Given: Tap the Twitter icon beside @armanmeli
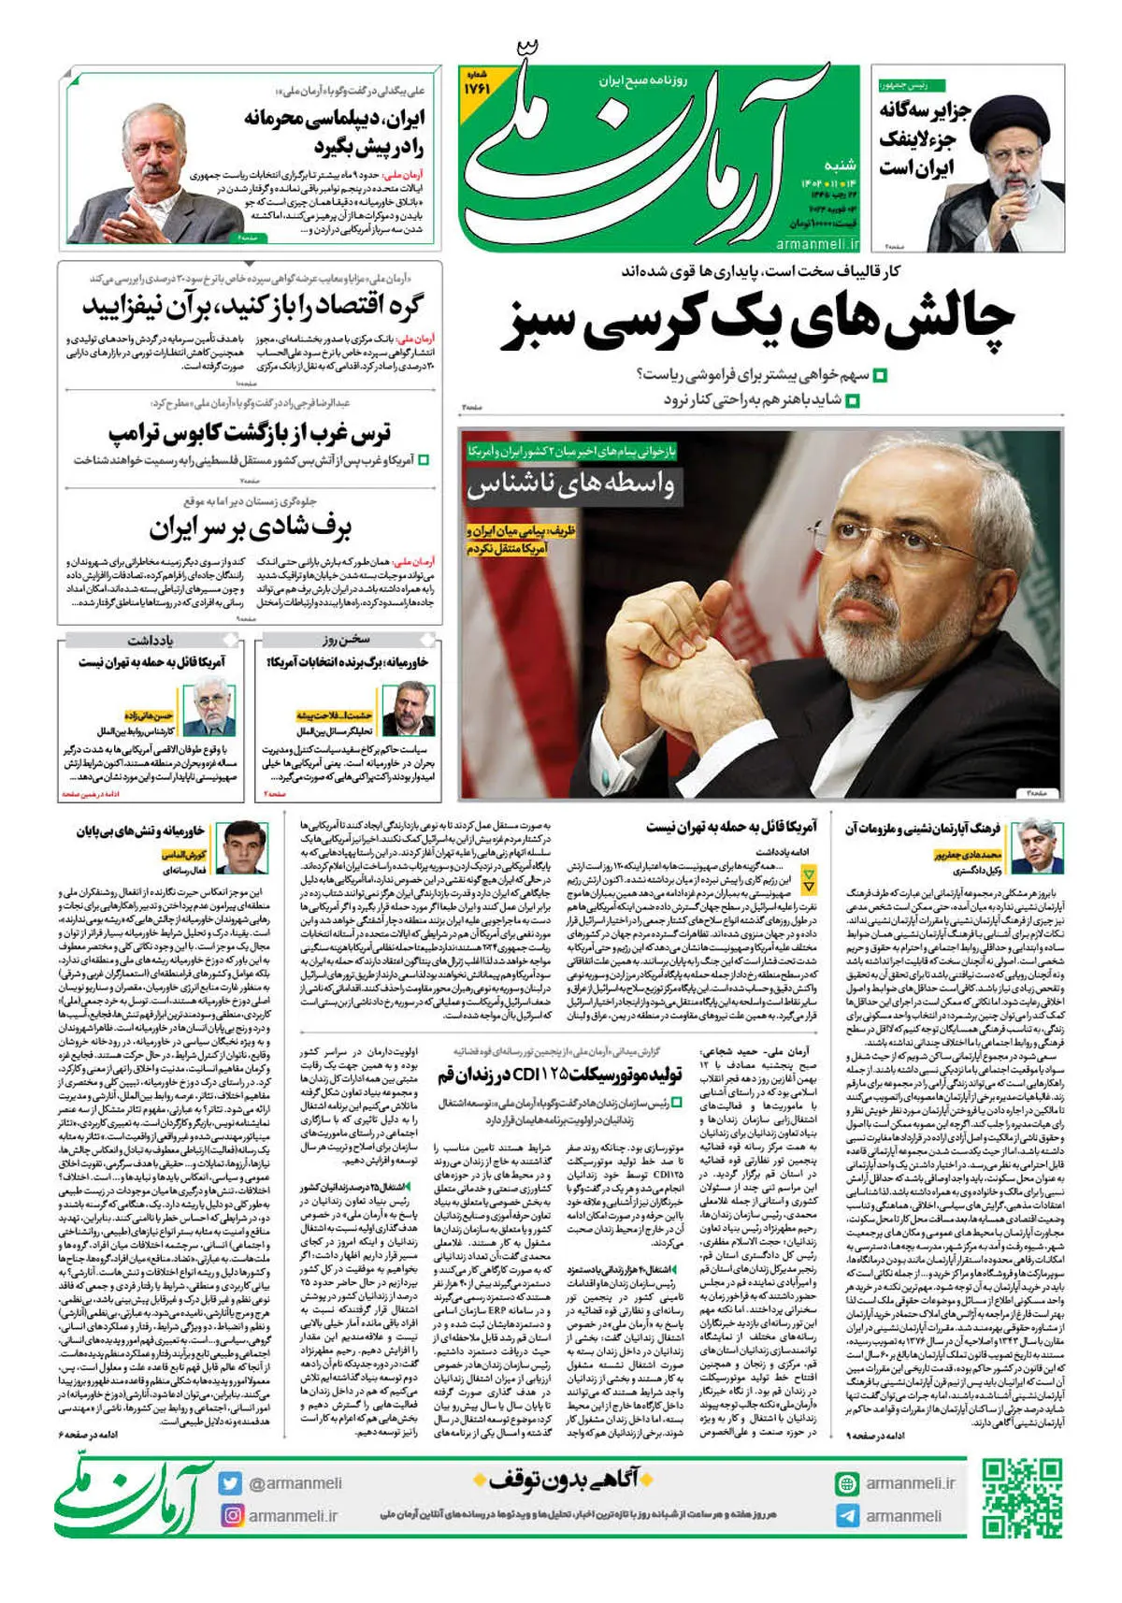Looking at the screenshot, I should point(231,1483).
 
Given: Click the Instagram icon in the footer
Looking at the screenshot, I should point(231,1515).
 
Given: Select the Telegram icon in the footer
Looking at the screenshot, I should point(847,1515).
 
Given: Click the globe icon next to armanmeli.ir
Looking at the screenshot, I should point(847,1483).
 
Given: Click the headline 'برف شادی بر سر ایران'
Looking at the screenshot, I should point(250,528).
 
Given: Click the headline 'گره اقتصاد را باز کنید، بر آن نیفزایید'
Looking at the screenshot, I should point(251,306).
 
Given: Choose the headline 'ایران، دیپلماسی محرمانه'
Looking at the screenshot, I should point(337,132).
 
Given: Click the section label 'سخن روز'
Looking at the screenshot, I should point(347,642).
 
